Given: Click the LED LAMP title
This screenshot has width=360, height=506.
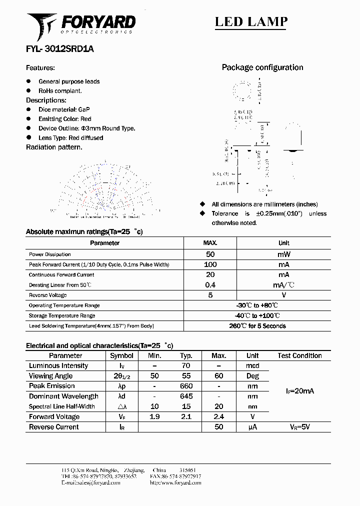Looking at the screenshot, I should click(251, 21).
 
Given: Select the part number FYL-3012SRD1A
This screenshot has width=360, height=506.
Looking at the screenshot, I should click(59, 49).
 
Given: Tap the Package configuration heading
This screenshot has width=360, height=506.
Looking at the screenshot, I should click(262, 67).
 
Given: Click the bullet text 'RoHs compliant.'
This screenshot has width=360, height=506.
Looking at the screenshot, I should click(60, 91).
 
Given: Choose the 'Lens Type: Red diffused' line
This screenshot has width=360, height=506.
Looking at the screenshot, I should click(70, 137).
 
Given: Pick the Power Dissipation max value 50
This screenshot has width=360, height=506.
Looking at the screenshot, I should click(210, 254).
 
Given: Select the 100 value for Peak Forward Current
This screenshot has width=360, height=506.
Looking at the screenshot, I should click(210, 264).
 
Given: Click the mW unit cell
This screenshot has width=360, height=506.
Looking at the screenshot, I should click(283, 254).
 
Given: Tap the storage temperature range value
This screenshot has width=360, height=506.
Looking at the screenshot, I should click(257, 315).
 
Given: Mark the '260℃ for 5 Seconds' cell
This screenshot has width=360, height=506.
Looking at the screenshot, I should click(257, 326).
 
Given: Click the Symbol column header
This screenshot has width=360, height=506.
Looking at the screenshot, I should click(121, 355).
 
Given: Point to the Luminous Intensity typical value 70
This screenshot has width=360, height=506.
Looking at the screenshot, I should click(186, 366).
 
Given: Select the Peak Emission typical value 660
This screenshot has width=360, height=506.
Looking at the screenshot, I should click(186, 386).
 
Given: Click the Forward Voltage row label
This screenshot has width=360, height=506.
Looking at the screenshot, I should click(54, 417).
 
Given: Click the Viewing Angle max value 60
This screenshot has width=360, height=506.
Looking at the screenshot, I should click(219, 376).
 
